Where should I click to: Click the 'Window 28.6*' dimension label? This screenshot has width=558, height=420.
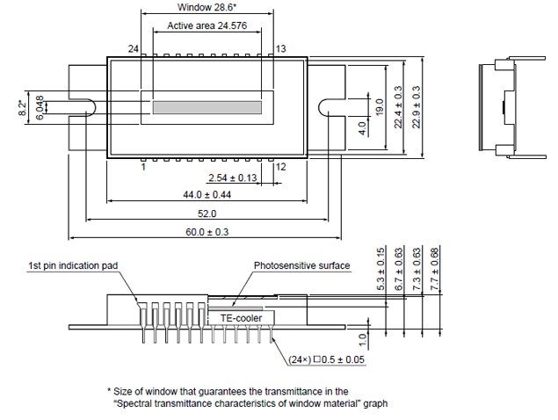click(x=207, y=7)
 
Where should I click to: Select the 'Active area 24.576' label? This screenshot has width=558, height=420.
click(x=207, y=27)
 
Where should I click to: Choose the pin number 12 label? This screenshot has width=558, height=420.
click(x=280, y=166)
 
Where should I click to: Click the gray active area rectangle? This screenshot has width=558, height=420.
click(x=207, y=107)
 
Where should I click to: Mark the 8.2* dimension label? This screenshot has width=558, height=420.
click(x=23, y=107)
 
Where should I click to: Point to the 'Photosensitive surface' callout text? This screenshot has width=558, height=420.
click(x=301, y=265)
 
